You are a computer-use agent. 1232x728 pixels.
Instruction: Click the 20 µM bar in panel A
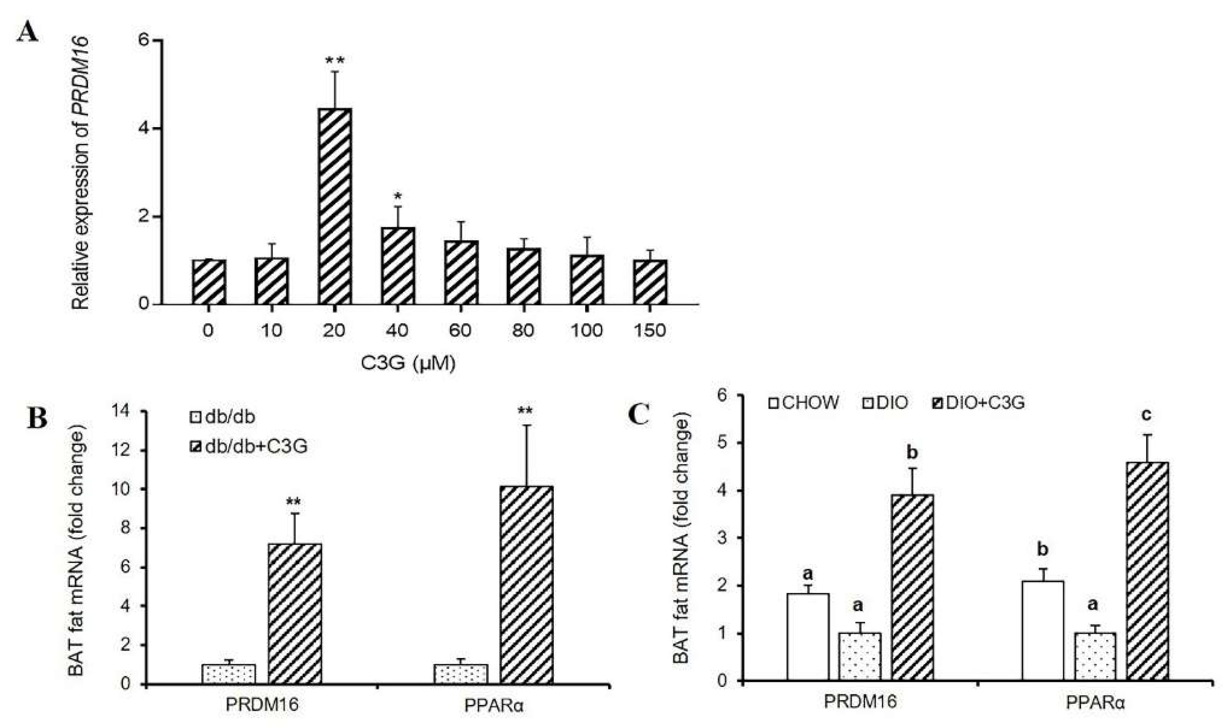pos(335,206)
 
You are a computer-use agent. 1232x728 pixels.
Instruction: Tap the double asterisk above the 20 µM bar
pos(335,61)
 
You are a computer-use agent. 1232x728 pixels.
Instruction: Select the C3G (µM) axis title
pos(408,364)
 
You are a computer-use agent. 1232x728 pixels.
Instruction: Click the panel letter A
pos(27,33)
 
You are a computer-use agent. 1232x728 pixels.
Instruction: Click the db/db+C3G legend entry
pos(249,446)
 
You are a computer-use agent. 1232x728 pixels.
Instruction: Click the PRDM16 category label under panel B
pos(262,705)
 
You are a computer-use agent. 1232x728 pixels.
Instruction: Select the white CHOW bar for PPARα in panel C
pos(1043,630)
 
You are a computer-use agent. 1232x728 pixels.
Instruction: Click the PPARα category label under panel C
pos(1095,703)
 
